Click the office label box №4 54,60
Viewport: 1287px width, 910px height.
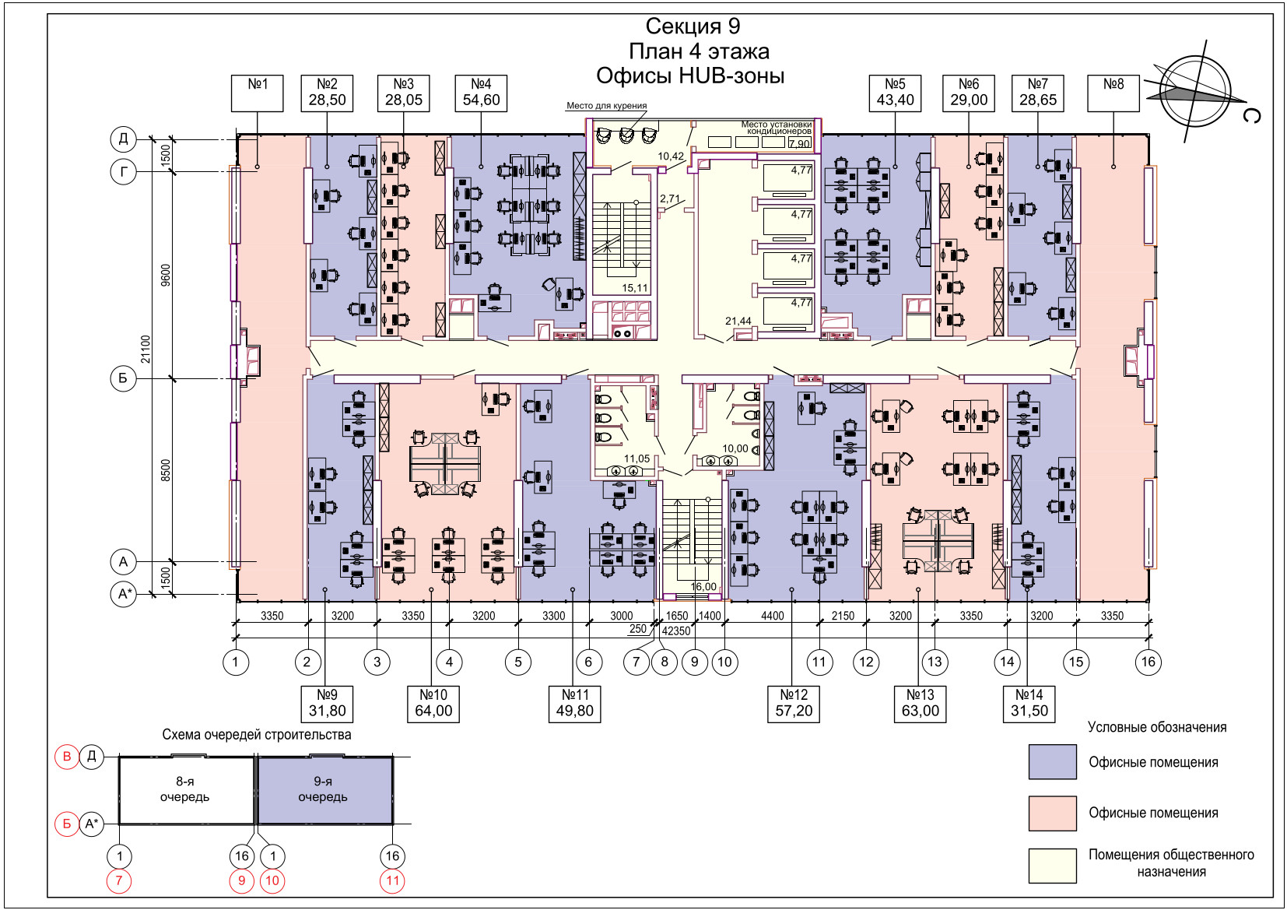481,93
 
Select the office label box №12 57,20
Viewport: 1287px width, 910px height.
794,703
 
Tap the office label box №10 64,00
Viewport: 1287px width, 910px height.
433,703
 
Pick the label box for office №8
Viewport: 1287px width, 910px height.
1113,93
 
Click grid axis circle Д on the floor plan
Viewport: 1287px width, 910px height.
124,139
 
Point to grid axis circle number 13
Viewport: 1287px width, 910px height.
935,662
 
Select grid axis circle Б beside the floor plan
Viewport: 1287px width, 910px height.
124,379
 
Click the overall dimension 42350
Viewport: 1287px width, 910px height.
676,631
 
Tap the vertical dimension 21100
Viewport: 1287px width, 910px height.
146,349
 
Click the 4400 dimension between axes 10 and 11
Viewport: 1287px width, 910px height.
772,616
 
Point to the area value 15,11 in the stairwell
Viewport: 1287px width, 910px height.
635,288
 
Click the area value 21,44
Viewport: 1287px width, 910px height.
738,321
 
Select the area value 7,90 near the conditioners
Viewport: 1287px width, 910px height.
799,144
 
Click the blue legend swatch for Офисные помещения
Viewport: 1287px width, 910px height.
1052,761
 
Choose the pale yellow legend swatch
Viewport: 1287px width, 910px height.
1052,866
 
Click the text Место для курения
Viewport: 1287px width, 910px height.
606,106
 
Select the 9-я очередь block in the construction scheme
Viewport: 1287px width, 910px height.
324,790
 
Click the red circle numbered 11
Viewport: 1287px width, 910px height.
392,881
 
